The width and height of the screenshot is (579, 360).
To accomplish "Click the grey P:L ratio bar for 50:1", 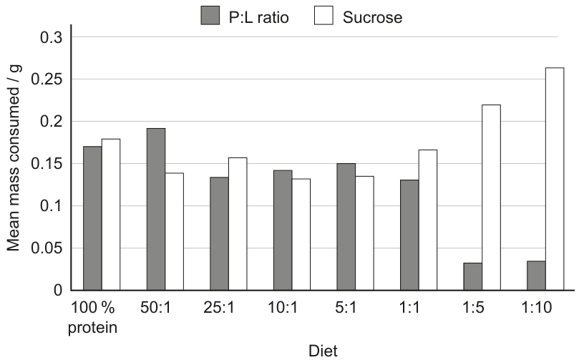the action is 156,209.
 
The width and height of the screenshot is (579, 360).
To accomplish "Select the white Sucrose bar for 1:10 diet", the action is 555,179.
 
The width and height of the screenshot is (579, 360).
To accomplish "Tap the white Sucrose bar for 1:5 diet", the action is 491,198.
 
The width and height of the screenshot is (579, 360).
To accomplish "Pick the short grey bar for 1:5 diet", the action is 472,276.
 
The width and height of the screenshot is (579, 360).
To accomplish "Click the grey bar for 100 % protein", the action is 92,218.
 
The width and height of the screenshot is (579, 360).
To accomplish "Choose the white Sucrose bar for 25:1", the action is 238,224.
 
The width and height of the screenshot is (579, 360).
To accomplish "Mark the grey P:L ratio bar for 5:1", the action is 346,227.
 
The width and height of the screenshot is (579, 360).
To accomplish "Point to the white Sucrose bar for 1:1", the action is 428,220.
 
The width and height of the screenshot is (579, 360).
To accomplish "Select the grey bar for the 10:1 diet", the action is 283,230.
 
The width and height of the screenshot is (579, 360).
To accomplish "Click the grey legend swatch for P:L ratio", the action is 210,16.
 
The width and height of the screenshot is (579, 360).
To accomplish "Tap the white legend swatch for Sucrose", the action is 323,16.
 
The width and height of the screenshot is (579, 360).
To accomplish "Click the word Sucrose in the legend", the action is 372,17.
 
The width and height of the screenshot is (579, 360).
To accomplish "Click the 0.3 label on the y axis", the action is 52,37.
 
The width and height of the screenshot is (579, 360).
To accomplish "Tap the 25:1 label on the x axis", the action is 219,307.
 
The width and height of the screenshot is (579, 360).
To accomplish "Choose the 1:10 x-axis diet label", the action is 536,307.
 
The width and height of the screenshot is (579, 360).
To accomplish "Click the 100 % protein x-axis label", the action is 93,317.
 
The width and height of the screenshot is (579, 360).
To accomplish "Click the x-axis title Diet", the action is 323,351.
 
